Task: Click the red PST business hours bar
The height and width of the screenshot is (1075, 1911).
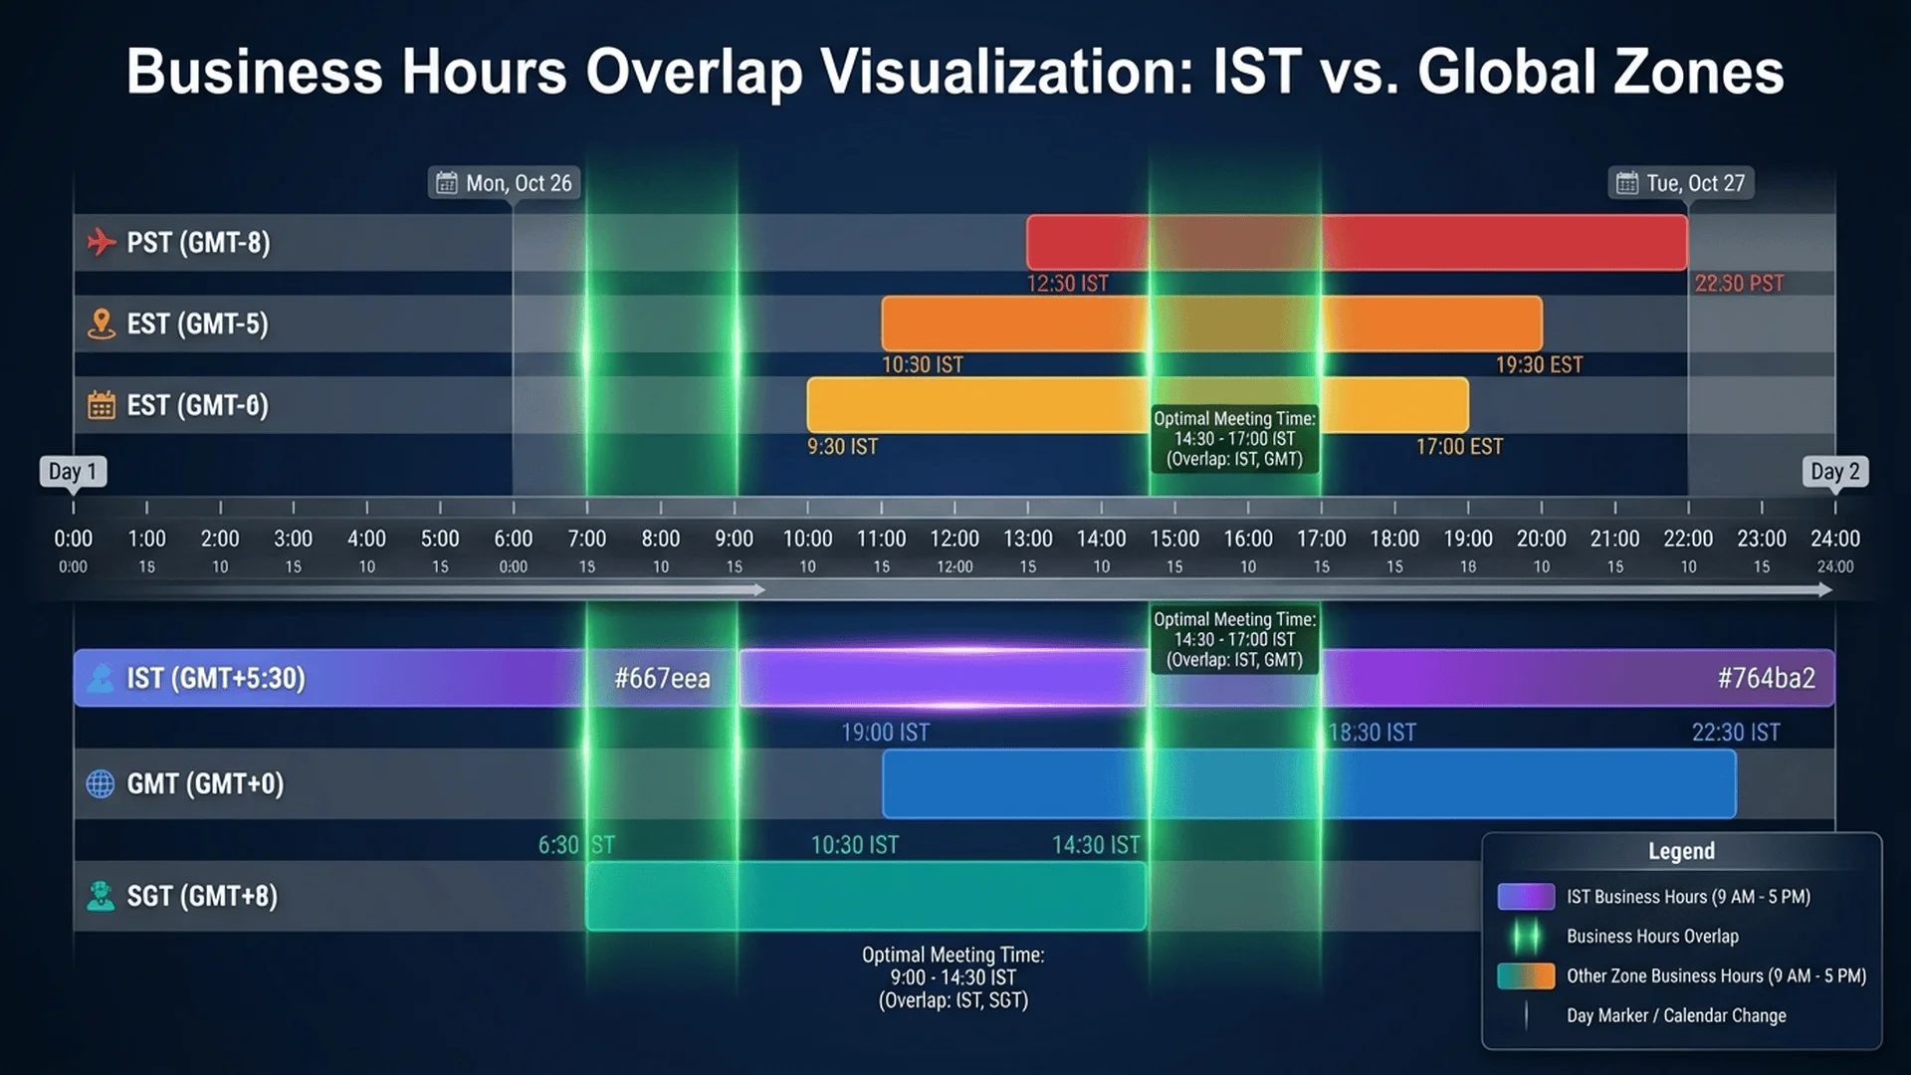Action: point(1356,242)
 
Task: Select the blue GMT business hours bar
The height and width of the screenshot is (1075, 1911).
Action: point(1308,783)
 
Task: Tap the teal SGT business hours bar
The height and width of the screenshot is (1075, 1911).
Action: point(865,896)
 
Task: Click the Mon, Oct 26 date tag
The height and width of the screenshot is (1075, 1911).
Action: point(506,183)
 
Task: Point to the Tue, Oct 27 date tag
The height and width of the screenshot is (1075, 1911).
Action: point(1681,183)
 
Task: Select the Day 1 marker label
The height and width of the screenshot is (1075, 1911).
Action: point(73,471)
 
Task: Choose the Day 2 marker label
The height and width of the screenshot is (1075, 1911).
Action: point(1834,471)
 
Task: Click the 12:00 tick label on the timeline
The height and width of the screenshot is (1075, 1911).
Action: point(954,538)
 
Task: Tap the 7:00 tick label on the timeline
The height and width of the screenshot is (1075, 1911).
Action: point(586,538)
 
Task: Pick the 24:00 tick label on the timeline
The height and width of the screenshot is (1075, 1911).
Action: point(1834,538)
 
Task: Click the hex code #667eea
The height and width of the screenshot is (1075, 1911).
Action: point(662,679)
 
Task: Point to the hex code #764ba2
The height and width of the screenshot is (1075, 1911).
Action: point(1766,679)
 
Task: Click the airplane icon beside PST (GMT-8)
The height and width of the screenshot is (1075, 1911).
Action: point(101,242)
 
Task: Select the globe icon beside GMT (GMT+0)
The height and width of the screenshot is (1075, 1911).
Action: point(101,784)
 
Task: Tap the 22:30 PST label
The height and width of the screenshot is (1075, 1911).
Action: point(1739,284)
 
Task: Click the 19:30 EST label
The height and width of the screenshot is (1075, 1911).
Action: point(1539,365)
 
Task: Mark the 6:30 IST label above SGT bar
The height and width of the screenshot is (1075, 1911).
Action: point(576,845)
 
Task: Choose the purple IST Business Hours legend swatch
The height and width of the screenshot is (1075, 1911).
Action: point(1526,897)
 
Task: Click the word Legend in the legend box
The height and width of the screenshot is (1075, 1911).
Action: point(1681,851)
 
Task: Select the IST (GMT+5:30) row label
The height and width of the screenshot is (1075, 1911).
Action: point(215,679)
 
